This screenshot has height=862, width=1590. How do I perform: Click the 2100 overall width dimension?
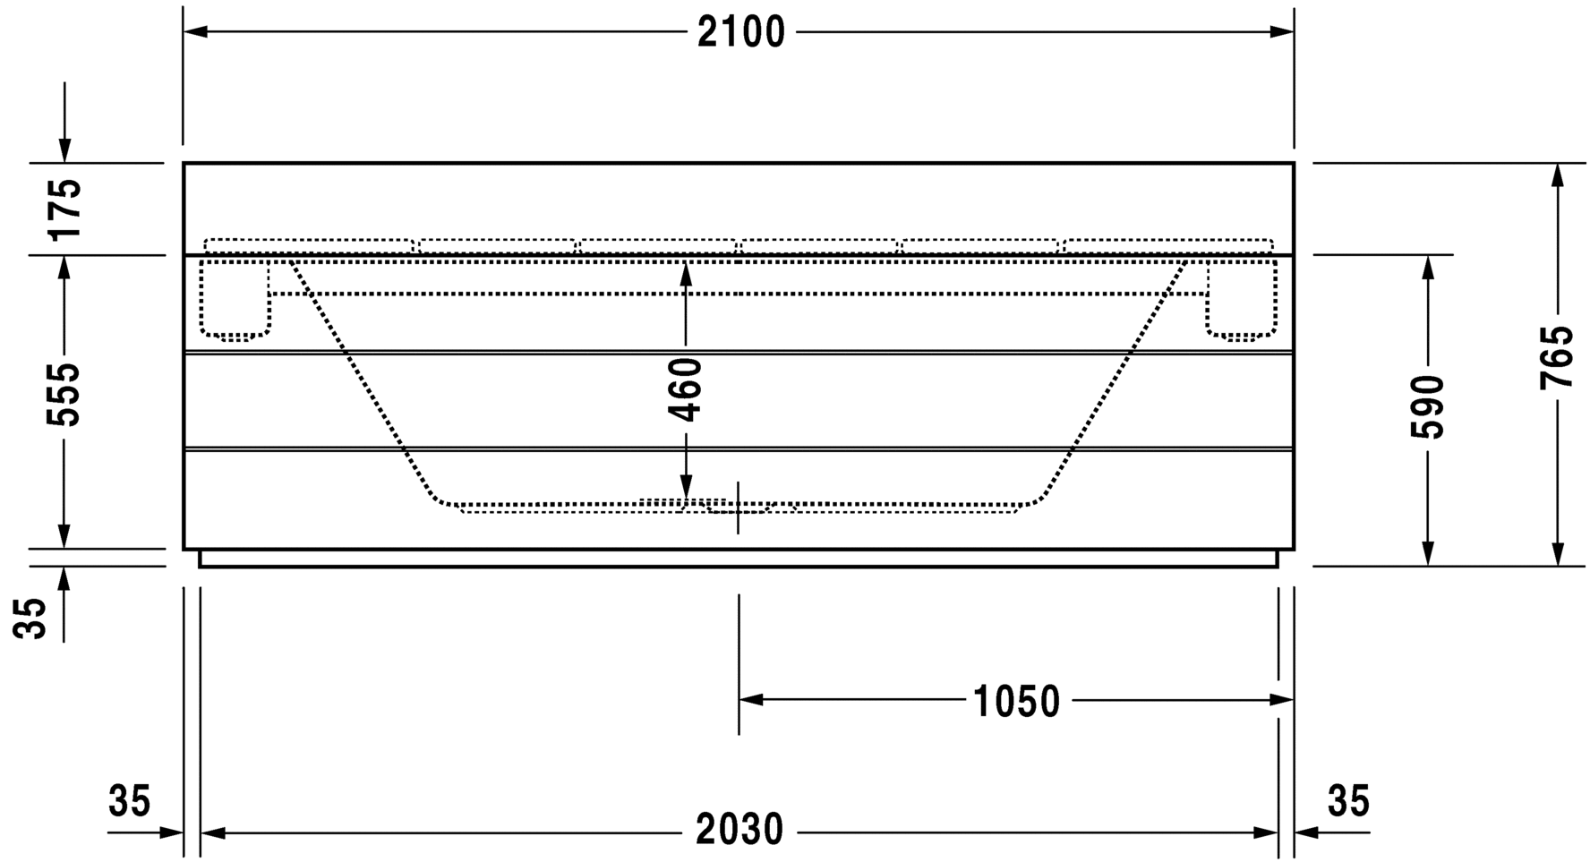point(740,33)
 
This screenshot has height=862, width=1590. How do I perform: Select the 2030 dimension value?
point(739,831)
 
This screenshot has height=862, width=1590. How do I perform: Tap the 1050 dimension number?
point(1016,702)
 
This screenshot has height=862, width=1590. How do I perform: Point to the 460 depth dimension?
point(686,389)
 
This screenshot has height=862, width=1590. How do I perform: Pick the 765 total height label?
point(1557,356)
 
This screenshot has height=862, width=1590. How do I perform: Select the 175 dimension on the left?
point(64,209)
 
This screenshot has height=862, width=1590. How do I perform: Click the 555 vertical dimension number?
point(64,395)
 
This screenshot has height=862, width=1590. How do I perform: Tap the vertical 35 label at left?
point(32,619)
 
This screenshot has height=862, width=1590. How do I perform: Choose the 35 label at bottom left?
point(130,801)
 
